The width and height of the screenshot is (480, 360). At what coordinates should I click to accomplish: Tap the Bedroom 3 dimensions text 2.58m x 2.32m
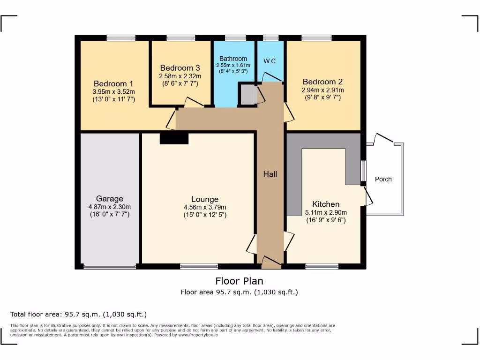pos(180,76)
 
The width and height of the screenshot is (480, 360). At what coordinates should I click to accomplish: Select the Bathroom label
pos(233,59)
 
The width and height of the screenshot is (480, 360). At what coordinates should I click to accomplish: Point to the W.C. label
pos(270,61)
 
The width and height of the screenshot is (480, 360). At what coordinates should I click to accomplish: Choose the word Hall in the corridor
pos(270,174)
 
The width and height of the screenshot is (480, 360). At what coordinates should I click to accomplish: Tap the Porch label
pos(383,179)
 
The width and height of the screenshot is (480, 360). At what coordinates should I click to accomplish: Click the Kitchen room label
pos(326,204)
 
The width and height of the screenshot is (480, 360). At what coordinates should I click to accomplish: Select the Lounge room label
pos(205,199)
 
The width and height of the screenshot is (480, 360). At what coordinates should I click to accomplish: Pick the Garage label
pos(110,199)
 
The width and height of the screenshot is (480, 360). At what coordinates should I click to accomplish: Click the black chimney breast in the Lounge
pos(174,138)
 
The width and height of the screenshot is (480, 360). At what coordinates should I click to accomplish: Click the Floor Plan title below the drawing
pos(239,281)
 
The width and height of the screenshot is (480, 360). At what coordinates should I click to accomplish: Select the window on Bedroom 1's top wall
pos(120,38)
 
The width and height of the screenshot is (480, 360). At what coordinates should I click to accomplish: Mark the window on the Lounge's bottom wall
pos(199,266)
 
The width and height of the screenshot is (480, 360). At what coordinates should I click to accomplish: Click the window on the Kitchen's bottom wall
pos(322,266)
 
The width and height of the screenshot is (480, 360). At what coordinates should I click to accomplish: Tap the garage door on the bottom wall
pos(110,267)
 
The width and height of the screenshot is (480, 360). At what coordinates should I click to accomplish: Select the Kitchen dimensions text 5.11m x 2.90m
pos(326,212)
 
